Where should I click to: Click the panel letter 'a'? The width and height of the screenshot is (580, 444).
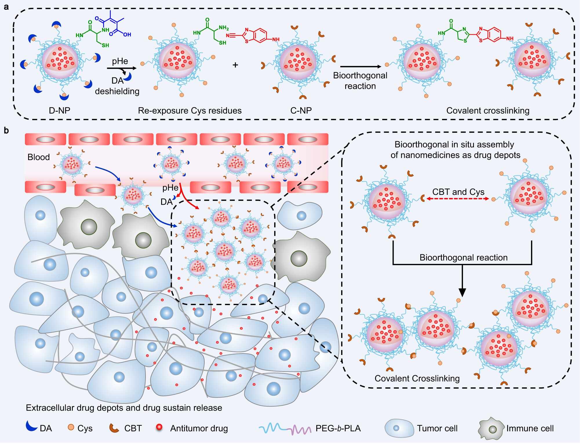pos(6,7)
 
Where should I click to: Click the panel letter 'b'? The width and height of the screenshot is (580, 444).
pos(6,131)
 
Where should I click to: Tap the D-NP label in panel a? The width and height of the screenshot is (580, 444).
pos(59,110)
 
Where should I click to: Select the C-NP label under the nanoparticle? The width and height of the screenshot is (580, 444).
pos(301,110)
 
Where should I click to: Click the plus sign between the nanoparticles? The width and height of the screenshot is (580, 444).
pos(235,65)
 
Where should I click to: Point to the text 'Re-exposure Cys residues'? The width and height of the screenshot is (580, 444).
pos(190,110)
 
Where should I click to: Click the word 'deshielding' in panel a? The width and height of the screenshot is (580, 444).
pos(117,91)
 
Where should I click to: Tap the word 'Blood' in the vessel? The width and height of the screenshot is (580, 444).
pos(39,157)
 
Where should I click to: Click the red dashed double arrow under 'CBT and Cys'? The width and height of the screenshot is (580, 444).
pos(458,199)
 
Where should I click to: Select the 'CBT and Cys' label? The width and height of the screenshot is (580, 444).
pos(458,192)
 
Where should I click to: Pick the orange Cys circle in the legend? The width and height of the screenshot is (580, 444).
pos(71,427)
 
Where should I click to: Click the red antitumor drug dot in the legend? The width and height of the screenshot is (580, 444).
pos(159,427)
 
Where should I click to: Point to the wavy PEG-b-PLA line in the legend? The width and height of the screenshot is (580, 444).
pos(285,428)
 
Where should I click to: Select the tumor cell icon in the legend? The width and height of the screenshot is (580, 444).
pos(399,428)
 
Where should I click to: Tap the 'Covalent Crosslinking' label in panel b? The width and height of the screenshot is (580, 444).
pos(417,378)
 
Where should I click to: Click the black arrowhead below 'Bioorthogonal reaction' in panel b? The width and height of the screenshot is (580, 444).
pos(462,292)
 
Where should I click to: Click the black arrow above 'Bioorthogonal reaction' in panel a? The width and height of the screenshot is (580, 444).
pos(361,67)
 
